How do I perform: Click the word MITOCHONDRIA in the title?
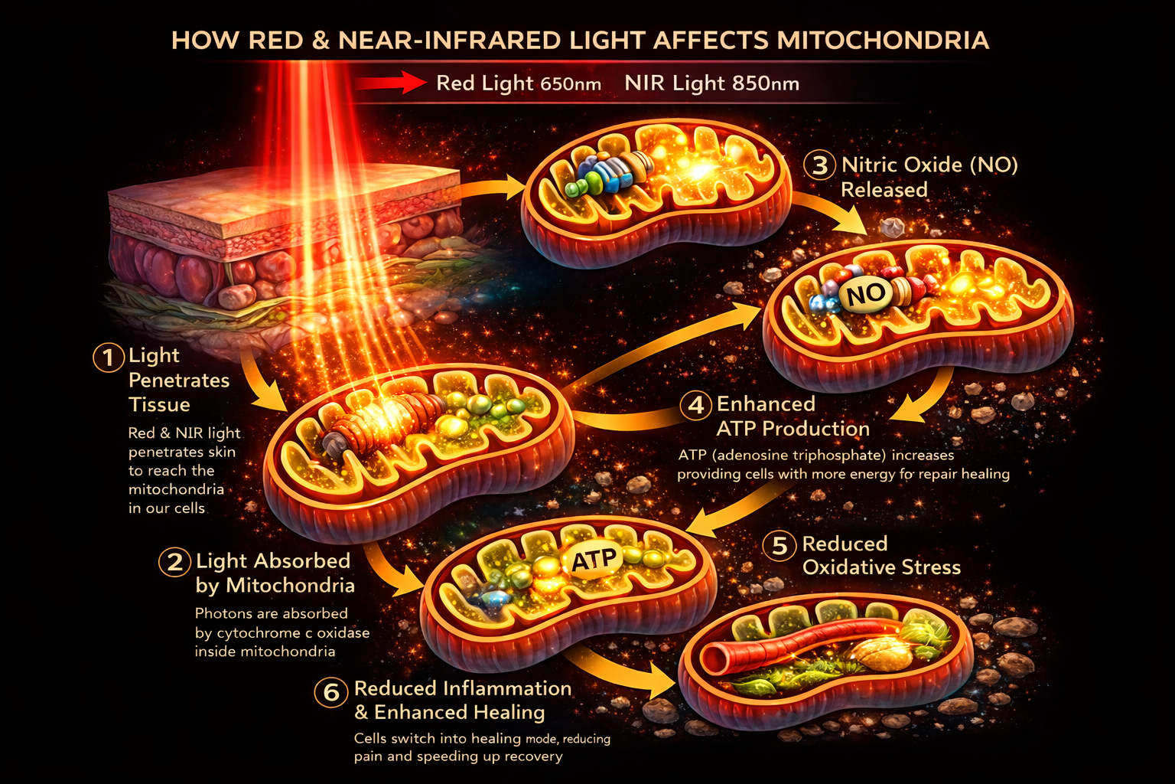(x=883, y=40)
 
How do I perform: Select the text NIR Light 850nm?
(x=711, y=83)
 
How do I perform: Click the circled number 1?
(x=109, y=357)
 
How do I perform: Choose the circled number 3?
(x=820, y=165)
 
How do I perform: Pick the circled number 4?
(x=696, y=404)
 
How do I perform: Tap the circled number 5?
(x=780, y=546)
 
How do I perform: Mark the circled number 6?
(x=331, y=692)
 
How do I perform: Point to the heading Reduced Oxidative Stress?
(x=880, y=556)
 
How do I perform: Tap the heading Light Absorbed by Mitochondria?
(x=274, y=573)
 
